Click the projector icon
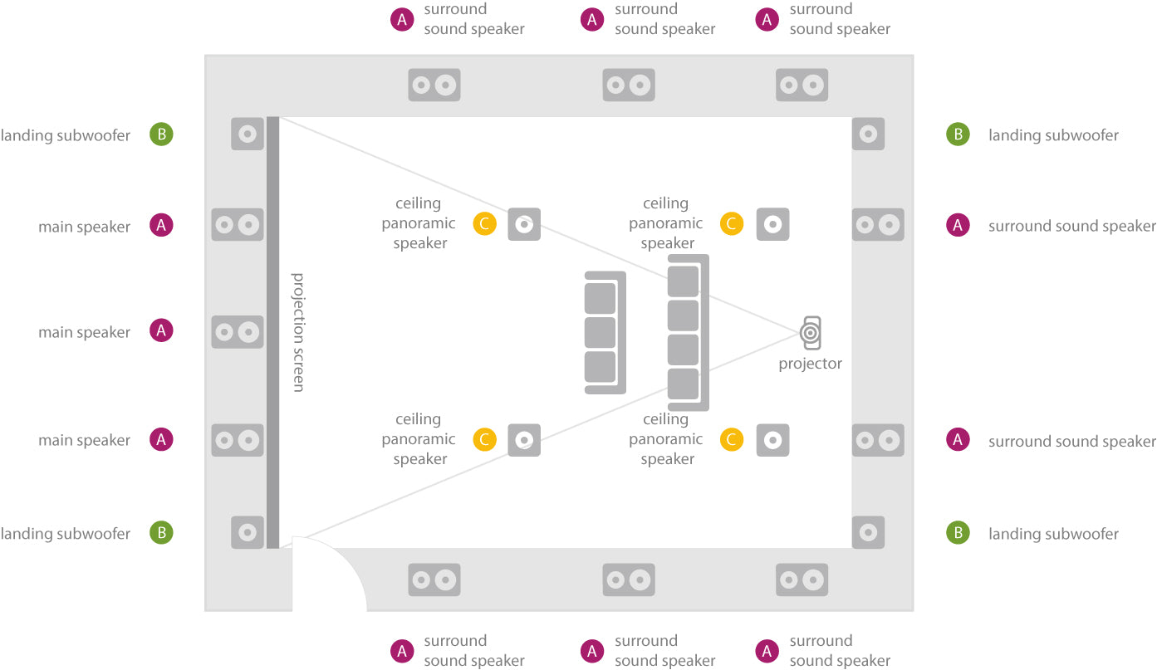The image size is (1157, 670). (811, 333)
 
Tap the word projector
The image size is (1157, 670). (810, 364)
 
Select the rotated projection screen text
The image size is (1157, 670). (298, 332)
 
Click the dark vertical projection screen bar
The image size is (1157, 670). (272, 332)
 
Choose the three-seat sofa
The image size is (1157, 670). (605, 332)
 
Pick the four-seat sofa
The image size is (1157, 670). (688, 332)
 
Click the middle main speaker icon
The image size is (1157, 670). (237, 332)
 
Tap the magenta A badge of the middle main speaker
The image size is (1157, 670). (161, 330)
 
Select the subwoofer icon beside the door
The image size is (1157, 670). (248, 532)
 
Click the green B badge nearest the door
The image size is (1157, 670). (161, 533)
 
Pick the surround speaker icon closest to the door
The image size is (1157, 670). (434, 580)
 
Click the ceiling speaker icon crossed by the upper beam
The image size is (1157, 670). (524, 224)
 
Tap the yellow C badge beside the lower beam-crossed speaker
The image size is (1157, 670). (484, 440)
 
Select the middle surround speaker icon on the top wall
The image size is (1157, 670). (629, 85)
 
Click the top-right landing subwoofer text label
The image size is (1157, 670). (1053, 135)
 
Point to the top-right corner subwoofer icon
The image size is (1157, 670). (868, 134)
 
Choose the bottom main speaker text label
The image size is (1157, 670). (84, 440)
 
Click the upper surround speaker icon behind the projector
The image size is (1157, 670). (878, 224)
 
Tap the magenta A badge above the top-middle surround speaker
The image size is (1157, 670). (592, 20)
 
